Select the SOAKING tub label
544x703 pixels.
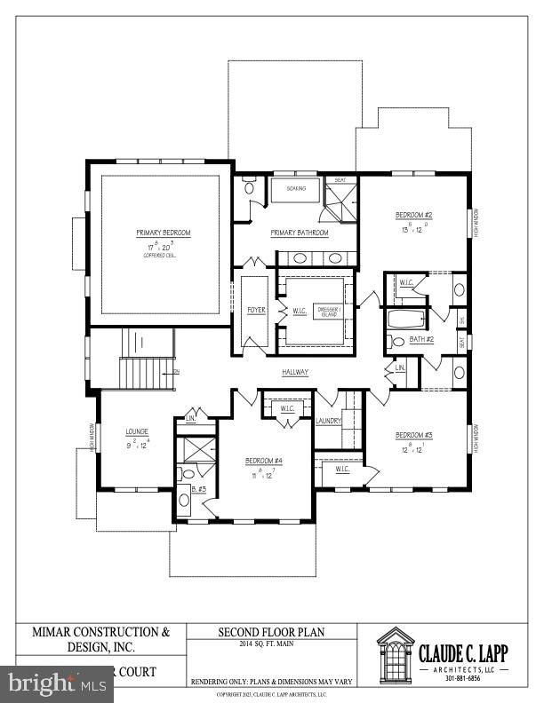click(296, 189)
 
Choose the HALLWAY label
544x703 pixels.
click(296, 373)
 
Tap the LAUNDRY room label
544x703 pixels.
click(328, 420)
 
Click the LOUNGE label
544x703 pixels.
click(136, 431)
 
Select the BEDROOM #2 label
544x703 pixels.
click(413, 215)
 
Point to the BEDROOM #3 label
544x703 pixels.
click(413, 434)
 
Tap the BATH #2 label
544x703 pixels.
click(421, 340)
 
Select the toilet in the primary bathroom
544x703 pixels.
click(249, 188)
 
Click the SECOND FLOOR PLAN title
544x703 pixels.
click(271, 632)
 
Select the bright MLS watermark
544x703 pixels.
click(58, 683)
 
